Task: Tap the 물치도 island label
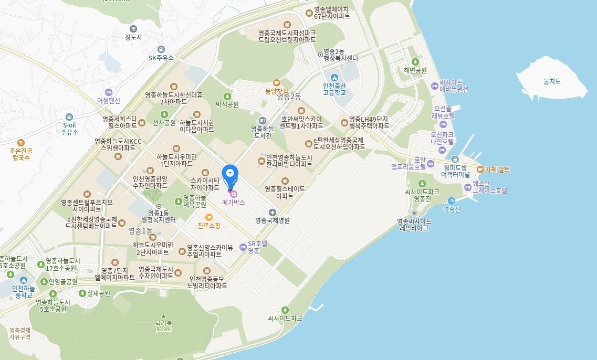click(552, 81)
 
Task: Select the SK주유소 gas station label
click(161, 58)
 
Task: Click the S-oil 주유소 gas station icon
click(69, 117)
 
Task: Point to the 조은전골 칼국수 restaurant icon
click(20, 142)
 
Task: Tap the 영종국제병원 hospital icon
click(272, 212)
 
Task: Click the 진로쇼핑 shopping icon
click(208, 217)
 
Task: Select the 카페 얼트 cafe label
click(497, 170)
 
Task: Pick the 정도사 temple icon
click(133, 28)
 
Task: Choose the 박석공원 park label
click(227, 104)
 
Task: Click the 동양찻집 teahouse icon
click(277, 82)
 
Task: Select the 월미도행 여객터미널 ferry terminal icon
click(455, 159)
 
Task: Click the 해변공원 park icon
click(415, 62)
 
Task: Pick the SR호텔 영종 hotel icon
click(242, 247)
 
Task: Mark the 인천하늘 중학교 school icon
click(24, 280)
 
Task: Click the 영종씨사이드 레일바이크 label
click(415, 225)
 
